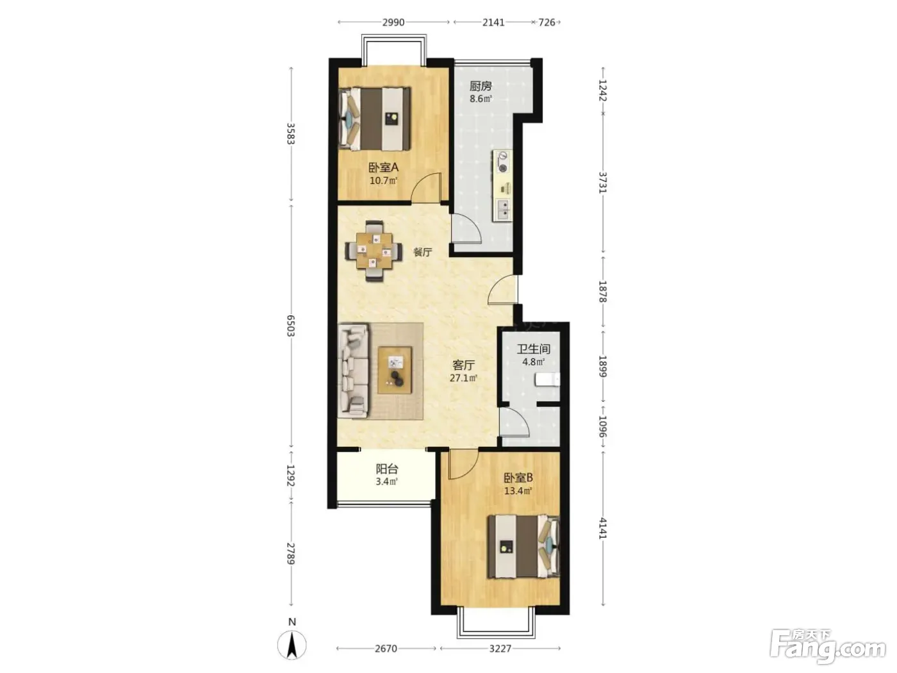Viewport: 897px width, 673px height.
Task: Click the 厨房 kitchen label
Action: [x=480, y=87]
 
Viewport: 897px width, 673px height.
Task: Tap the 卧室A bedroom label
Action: [x=383, y=167]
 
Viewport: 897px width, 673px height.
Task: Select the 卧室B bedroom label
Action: [x=518, y=478]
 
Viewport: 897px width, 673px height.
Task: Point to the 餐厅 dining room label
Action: [x=422, y=252]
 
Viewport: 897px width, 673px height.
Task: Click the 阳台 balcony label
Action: [x=386, y=469]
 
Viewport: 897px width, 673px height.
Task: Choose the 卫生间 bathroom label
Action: [x=533, y=349]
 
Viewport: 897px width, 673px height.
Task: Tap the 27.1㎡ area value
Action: [x=463, y=378]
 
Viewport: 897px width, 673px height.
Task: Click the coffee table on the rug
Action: [x=395, y=370]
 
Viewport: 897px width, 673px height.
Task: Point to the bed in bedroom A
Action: [x=375, y=119]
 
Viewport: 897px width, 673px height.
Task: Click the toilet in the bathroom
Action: [x=548, y=380]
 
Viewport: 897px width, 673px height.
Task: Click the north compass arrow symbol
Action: [x=292, y=645]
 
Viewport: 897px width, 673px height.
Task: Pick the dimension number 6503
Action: [x=290, y=326]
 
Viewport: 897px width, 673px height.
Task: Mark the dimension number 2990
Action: [x=393, y=22]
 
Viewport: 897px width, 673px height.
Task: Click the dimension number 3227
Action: [x=500, y=649]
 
